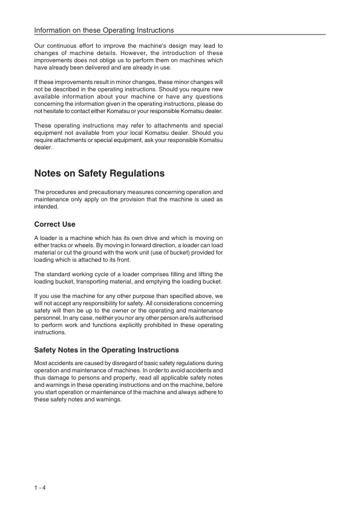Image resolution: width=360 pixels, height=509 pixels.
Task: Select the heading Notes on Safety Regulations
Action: pyautogui.click(x=99, y=173)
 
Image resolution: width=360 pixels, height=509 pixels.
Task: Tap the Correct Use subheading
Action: pyautogui.click(x=55, y=224)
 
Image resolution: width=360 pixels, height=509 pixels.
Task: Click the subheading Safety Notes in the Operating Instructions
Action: pyautogui.click(x=106, y=350)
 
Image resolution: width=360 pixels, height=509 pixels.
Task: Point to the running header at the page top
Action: pyautogui.click(x=104, y=30)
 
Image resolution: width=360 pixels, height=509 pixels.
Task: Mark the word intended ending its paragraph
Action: pyautogui.click(x=47, y=207)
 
